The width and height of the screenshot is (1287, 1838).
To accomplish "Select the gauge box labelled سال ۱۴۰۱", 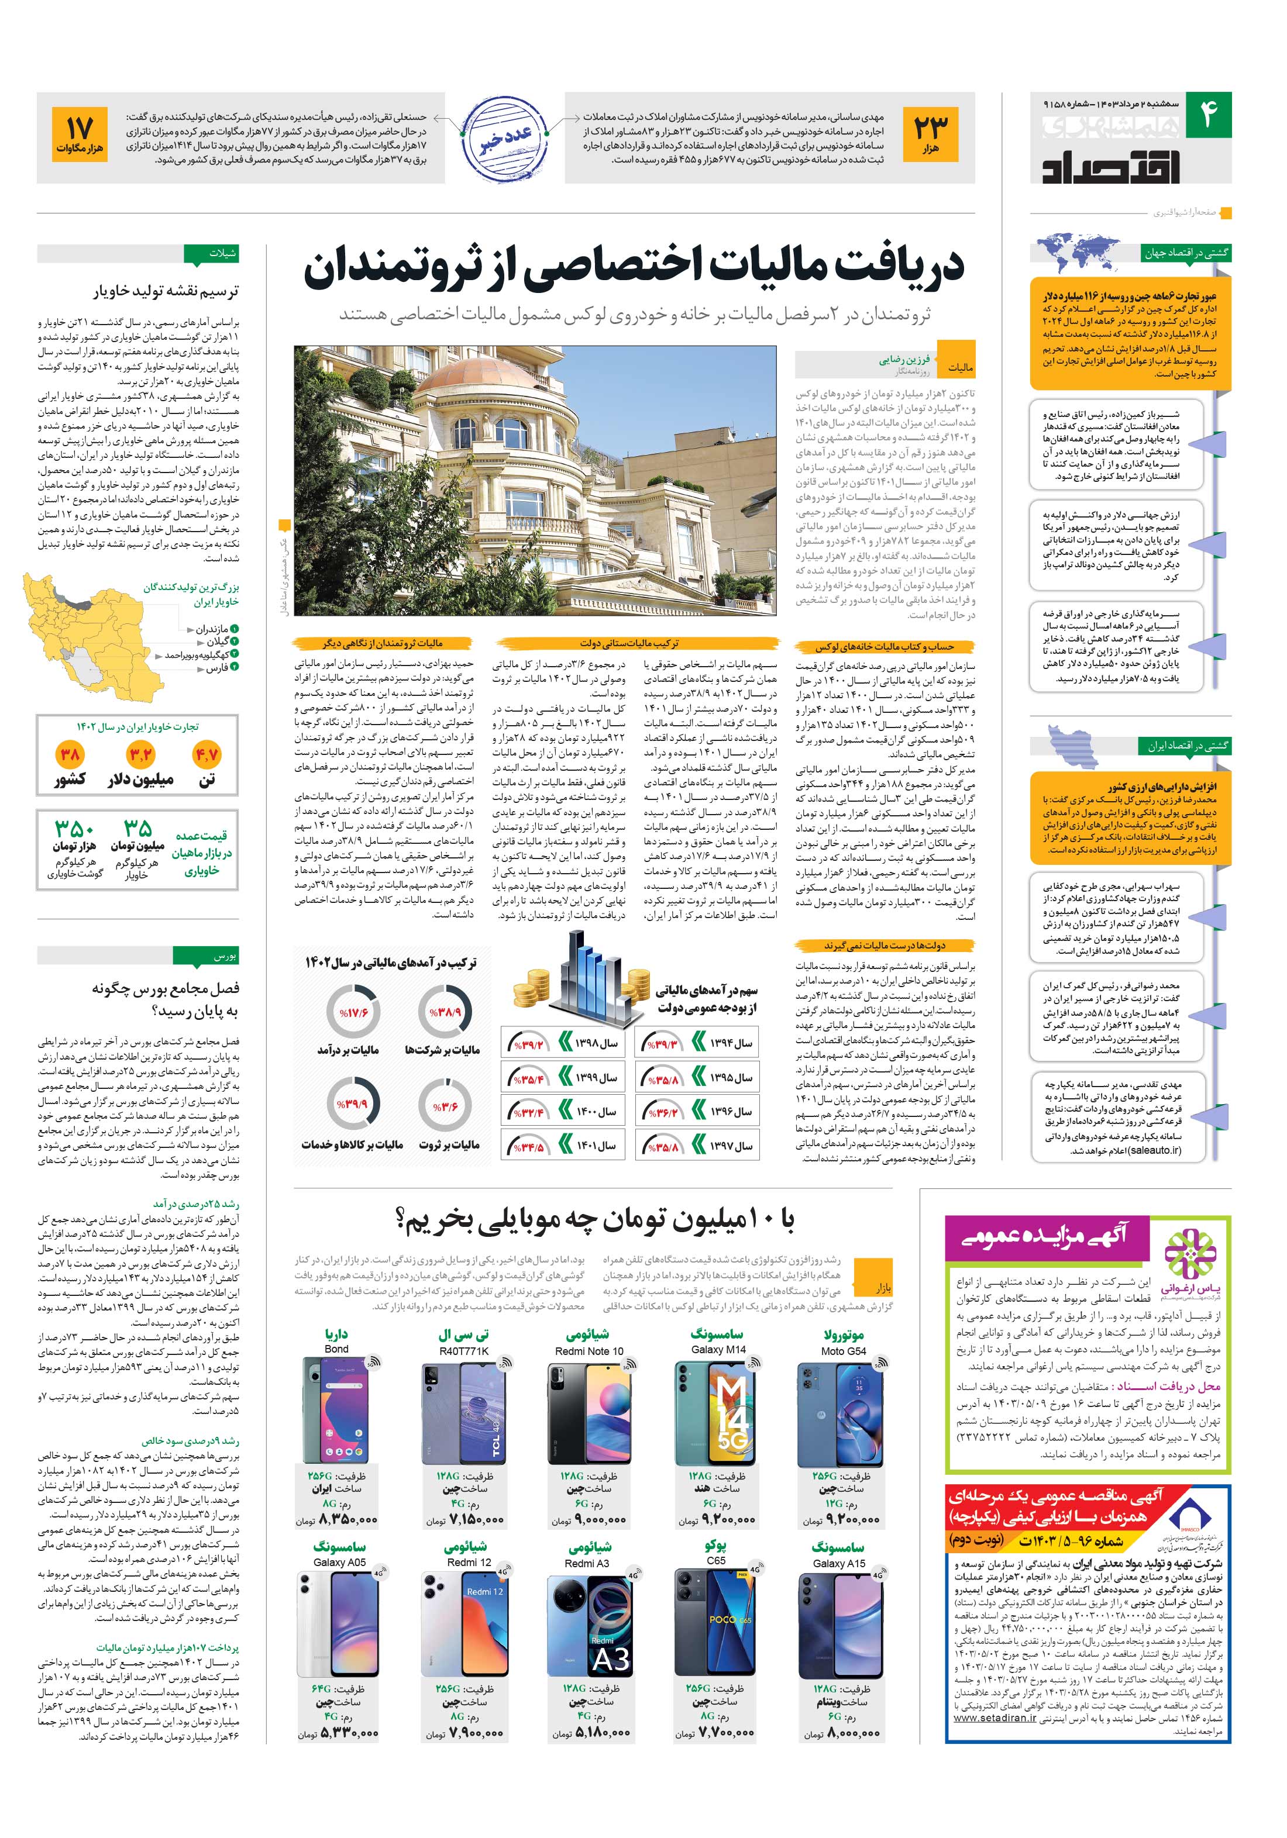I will pyautogui.click(x=563, y=1146).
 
